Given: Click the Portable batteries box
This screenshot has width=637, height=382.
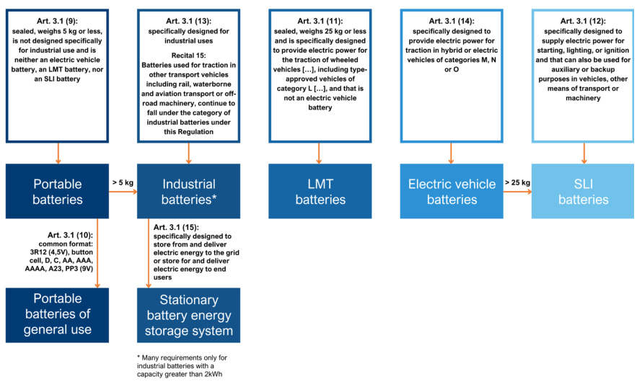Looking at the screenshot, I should click(x=57, y=191).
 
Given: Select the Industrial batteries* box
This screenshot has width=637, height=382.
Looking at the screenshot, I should click(x=188, y=191).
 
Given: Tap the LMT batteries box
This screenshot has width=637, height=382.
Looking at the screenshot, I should click(x=320, y=191).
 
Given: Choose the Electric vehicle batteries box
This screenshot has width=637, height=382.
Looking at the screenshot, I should click(x=452, y=191).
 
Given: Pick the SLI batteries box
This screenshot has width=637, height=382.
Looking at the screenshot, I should click(x=584, y=191).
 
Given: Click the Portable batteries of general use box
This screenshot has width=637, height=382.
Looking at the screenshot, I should click(x=57, y=315).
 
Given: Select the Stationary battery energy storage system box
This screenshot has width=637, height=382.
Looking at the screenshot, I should click(x=188, y=315).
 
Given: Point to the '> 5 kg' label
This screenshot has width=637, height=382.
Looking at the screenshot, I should click(x=123, y=183).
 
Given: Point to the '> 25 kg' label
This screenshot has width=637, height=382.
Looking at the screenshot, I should click(x=517, y=183).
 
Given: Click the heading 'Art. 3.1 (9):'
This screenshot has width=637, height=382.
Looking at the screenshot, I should click(x=57, y=22).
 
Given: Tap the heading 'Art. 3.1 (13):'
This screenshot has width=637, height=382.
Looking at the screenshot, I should click(x=188, y=22).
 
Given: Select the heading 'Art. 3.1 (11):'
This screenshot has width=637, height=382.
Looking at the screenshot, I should click(x=320, y=22).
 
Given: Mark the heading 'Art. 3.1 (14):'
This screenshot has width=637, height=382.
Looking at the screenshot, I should click(x=452, y=22).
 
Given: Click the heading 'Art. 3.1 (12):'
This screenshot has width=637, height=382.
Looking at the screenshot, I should click(x=584, y=22).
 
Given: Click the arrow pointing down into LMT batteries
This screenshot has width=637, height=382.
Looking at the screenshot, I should click(x=320, y=152).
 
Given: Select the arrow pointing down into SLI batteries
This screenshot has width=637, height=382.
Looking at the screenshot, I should click(x=584, y=152).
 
